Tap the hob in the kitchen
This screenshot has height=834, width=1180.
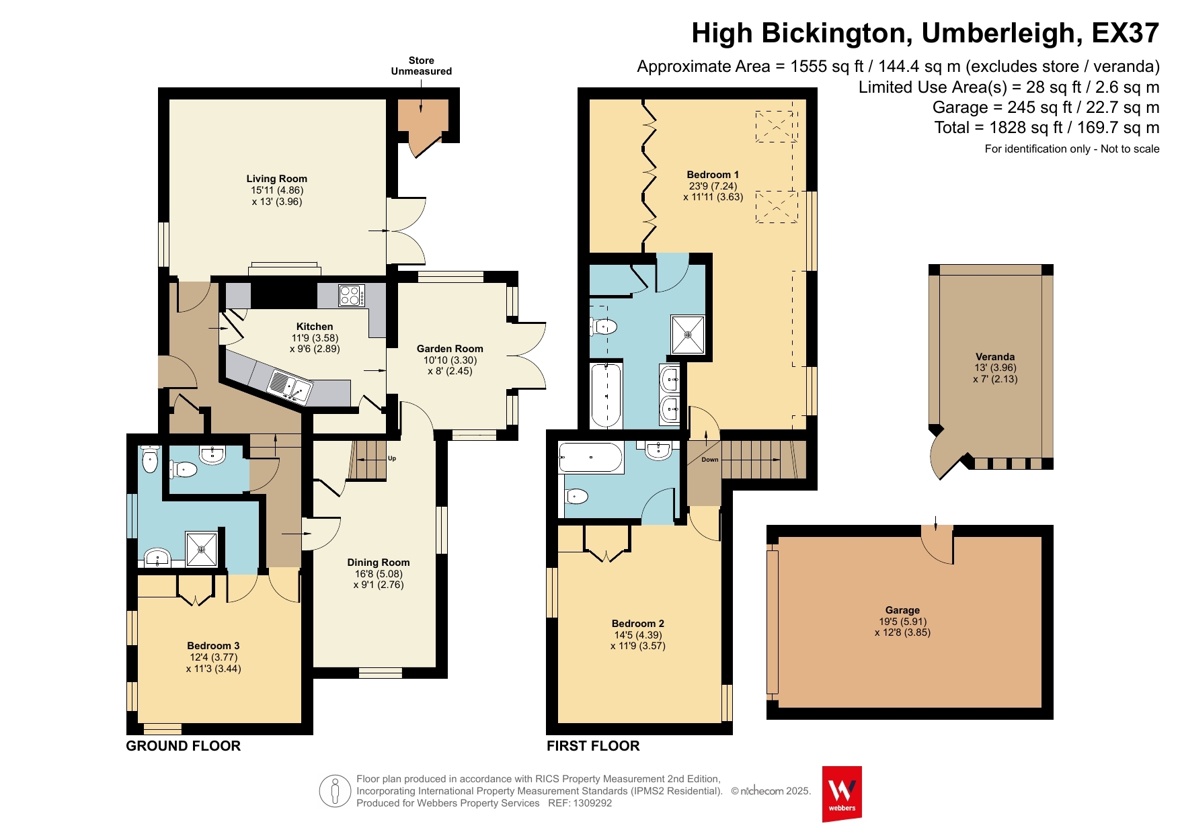pos(352,296)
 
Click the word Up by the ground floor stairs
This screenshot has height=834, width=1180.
pos(392,458)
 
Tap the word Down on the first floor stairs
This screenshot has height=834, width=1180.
pos(710,460)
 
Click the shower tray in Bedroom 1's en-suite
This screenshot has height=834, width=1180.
pos(688,334)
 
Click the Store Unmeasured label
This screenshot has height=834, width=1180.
pos(422,66)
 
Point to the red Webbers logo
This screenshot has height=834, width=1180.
pos(842,794)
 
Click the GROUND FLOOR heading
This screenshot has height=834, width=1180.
pos(184,745)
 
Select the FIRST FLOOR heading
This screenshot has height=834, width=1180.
pos(593,745)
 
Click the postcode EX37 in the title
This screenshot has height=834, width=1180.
pos(1126,33)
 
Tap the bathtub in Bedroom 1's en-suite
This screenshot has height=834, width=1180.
pos(606,395)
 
